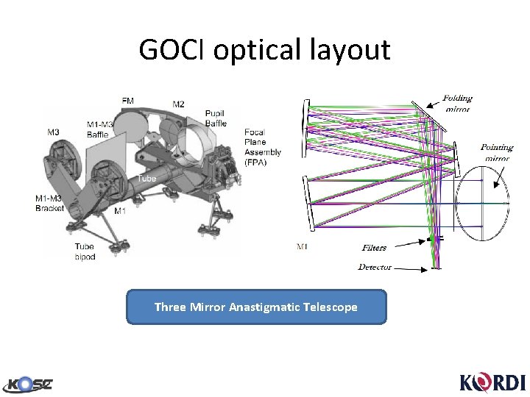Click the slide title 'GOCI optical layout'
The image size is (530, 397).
click(x=264, y=50)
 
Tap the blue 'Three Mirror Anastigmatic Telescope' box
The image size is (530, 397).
click(x=256, y=307)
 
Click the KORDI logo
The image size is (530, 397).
click(x=492, y=382)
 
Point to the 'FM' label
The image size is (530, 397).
click(x=129, y=100)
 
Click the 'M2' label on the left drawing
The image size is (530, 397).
click(x=179, y=104)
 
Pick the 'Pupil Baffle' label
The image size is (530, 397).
click(x=216, y=118)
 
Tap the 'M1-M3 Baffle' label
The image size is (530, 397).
click(x=98, y=129)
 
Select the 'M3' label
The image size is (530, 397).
click(x=53, y=132)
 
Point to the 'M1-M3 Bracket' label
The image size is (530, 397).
click(x=50, y=203)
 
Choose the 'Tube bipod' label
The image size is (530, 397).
click(x=85, y=251)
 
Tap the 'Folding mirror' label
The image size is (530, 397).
click(x=457, y=103)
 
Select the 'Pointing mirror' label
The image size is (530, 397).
click(x=497, y=151)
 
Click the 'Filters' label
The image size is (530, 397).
click(x=375, y=248)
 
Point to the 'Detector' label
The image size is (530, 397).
click(x=375, y=267)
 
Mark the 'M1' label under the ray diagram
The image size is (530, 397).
click(x=303, y=246)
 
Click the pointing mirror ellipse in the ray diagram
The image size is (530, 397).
click(x=482, y=203)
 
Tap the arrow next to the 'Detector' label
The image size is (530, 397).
click(x=414, y=268)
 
